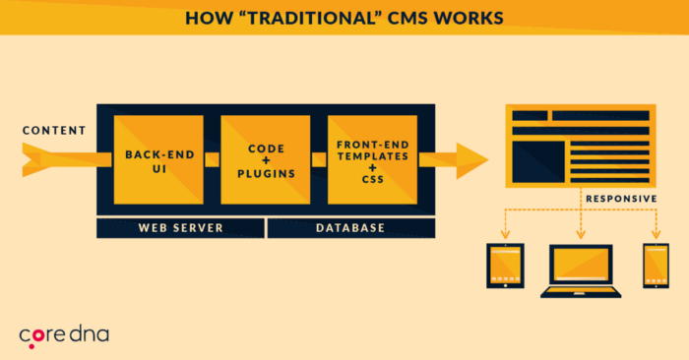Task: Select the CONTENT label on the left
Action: point(53,130)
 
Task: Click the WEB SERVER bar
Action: point(180,228)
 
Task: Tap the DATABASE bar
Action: point(349,228)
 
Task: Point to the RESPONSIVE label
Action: point(621,198)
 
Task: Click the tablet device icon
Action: point(504,269)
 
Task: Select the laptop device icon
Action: point(580,272)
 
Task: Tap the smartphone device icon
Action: point(656,269)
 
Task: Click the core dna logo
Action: point(64,335)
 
